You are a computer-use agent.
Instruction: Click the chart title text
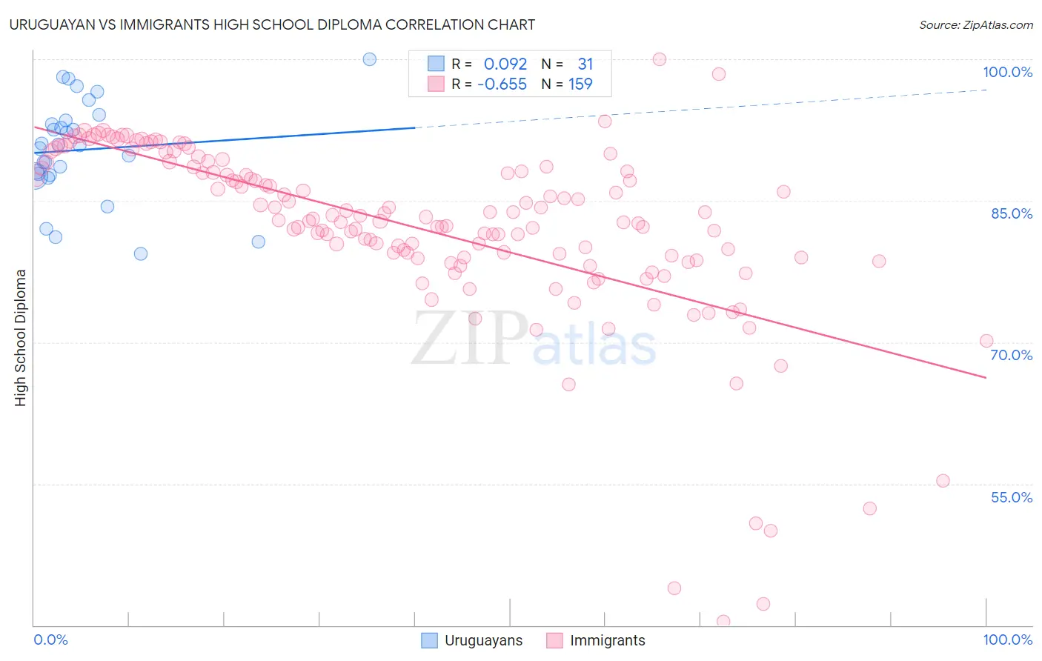point(272,24)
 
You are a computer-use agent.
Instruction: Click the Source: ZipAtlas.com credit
point(975,25)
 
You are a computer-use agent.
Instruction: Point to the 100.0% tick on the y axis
point(1007,72)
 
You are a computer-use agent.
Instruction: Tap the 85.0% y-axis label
point(1012,213)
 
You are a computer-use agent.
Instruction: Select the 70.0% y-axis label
point(1012,355)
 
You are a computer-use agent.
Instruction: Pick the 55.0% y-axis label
point(1012,497)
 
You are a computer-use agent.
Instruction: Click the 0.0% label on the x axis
point(50,640)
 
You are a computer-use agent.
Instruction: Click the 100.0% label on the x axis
point(1007,640)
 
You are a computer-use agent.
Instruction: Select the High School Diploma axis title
point(21,337)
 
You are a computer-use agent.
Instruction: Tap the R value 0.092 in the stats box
point(505,64)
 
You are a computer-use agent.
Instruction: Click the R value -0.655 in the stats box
point(502,84)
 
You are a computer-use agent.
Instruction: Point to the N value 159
point(580,84)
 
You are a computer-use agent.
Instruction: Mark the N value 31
point(585,64)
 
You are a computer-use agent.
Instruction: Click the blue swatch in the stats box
point(436,64)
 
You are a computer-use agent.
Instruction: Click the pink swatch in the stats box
point(436,84)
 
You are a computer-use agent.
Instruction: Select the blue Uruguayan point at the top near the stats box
point(370,59)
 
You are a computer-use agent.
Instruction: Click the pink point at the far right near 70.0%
point(986,341)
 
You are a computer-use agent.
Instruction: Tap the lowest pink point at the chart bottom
point(723,622)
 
